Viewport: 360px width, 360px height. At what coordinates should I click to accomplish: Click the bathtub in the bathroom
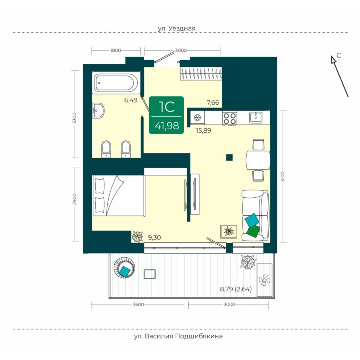pyautogui.click(x=116, y=82)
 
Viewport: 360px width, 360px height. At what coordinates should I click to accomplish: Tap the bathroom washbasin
pyautogui.click(x=98, y=110)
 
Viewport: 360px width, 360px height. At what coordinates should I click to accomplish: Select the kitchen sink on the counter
pyautogui.click(x=256, y=117)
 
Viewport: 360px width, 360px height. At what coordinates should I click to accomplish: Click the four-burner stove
pyautogui.click(x=229, y=118)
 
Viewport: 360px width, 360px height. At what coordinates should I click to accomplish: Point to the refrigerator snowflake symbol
pyautogui.click(x=197, y=117)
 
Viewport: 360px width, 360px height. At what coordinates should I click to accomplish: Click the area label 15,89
pyautogui.click(x=203, y=130)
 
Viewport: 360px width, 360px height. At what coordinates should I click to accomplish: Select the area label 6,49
pyautogui.click(x=131, y=100)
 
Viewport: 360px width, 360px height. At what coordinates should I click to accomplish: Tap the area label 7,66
pyautogui.click(x=213, y=102)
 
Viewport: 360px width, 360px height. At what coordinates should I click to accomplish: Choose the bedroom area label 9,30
pyautogui.click(x=154, y=237)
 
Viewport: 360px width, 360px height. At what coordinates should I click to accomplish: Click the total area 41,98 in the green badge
pyautogui.click(x=166, y=126)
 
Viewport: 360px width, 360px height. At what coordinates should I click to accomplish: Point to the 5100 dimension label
pyautogui.click(x=283, y=177)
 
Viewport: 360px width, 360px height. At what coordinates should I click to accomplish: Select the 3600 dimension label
pyautogui.click(x=138, y=304)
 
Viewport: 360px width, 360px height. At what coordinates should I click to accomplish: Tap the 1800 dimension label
pyautogui.click(x=115, y=50)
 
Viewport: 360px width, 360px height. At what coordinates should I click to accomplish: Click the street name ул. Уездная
pyautogui.click(x=177, y=28)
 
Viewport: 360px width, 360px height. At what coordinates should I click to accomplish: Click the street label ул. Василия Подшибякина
pyautogui.click(x=178, y=336)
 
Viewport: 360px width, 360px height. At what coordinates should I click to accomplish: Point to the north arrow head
pyautogui.click(x=333, y=59)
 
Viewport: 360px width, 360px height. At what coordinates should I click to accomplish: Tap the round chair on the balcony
pyautogui.click(x=124, y=267)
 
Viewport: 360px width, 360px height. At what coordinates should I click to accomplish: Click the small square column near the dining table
pyautogui.click(x=229, y=157)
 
